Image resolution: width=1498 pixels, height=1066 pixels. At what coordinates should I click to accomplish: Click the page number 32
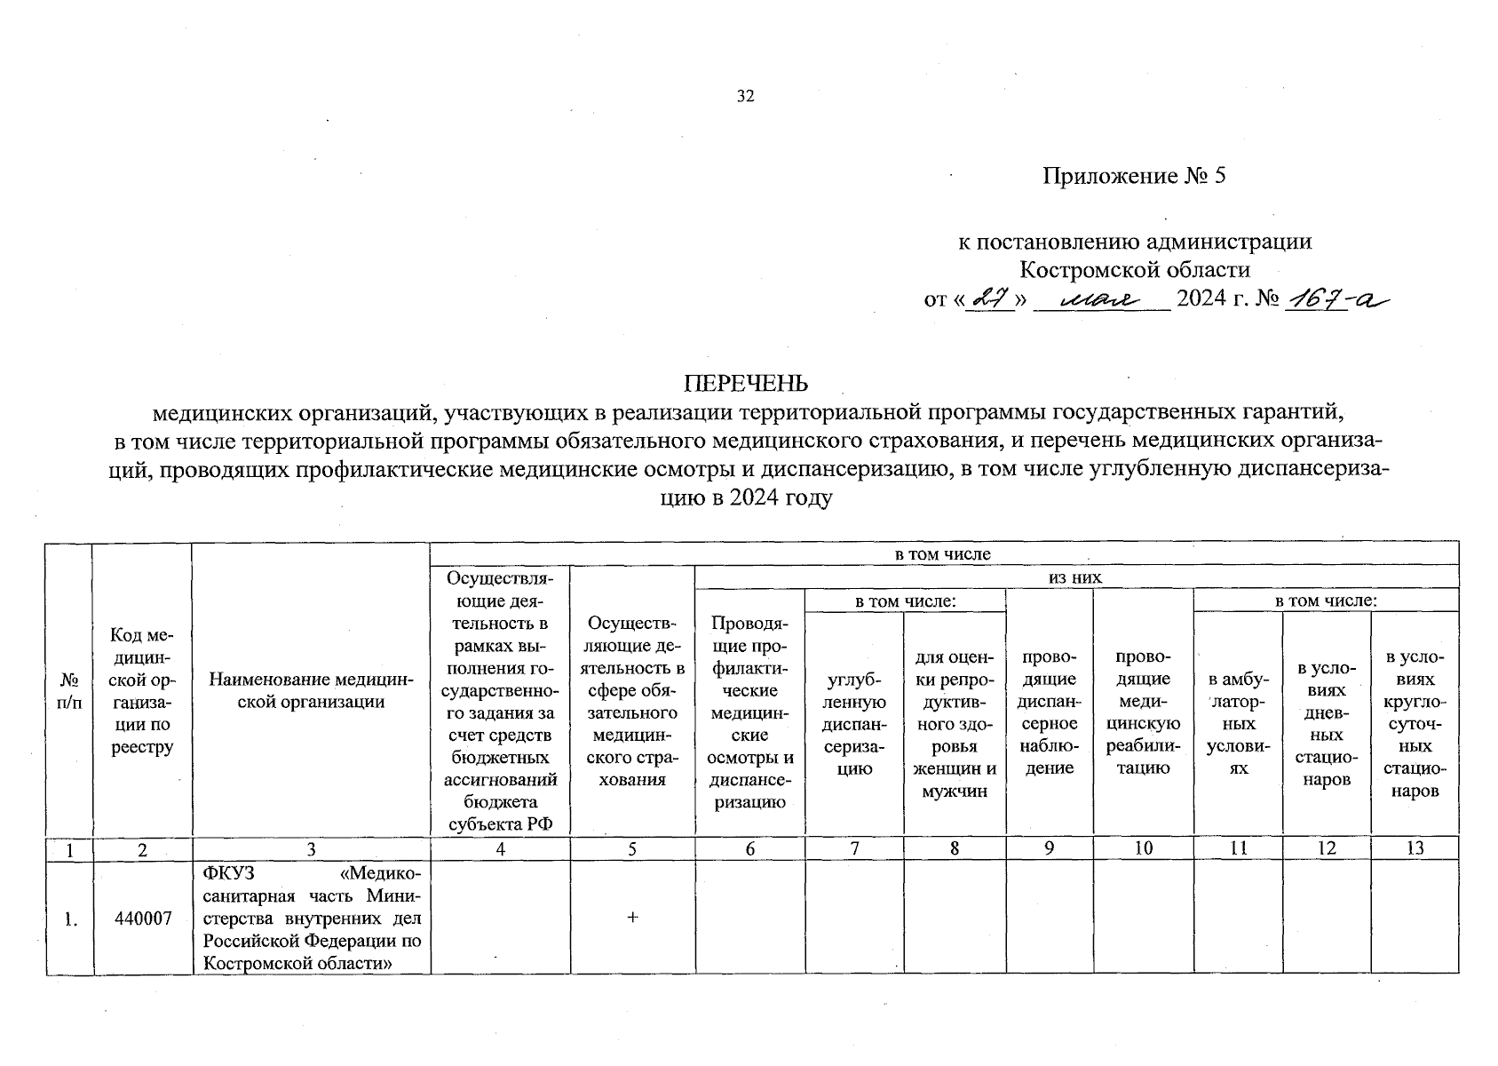click(745, 96)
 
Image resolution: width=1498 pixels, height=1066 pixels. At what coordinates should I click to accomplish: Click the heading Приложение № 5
click(1133, 176)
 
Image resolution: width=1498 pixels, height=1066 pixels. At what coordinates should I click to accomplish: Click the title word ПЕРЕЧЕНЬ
click(745, 383)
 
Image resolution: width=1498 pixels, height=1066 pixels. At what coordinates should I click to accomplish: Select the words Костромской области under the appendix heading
click(1134, 269)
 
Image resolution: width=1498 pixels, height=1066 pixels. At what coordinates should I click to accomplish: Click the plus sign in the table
click(632, 918)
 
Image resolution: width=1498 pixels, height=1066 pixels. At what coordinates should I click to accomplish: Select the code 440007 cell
click(143, 918)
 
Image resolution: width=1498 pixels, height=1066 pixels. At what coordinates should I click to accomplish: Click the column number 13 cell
click(1415, 848)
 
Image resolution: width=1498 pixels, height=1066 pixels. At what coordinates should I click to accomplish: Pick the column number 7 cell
click(853, 848)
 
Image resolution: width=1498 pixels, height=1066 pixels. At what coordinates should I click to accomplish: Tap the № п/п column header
click(69, 690)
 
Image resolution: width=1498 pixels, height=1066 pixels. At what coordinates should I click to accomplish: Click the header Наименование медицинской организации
click(311, 690)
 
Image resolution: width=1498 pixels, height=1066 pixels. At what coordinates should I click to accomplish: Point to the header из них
click(1075, 577)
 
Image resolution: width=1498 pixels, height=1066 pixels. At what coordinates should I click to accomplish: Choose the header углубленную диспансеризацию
click(853, 724)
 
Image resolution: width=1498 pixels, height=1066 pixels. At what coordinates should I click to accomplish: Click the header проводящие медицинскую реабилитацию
click(1143, 712)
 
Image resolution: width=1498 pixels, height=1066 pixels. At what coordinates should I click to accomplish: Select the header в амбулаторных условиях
click(1238, 724)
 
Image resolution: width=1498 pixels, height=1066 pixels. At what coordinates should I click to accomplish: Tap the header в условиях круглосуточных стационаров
click(1415, 724)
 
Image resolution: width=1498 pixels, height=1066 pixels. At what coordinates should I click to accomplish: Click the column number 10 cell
click(1143, 848)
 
